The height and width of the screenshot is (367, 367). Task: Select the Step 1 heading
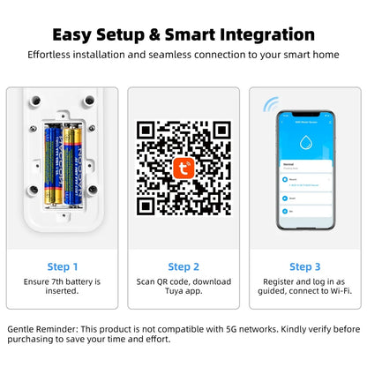point(62,266)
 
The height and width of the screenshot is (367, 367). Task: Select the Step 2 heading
point(183,266)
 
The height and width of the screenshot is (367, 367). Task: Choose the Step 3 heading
point(305,266)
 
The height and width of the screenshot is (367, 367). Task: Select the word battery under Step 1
point(86,280)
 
